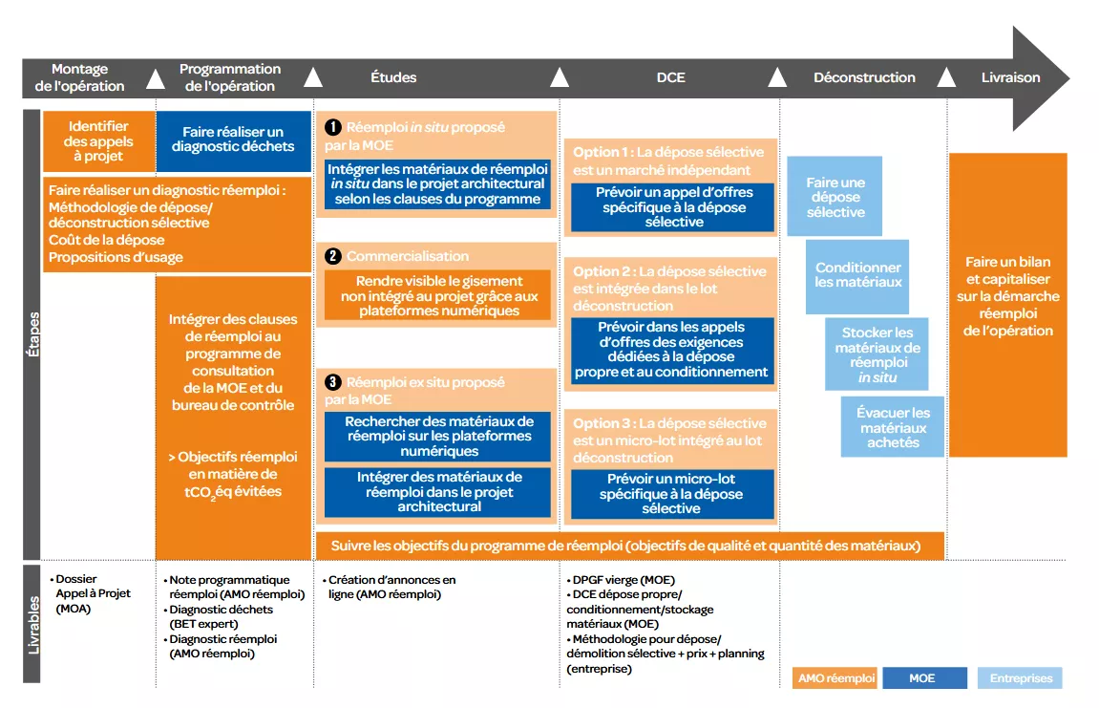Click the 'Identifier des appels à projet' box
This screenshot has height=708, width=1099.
click(98, 141)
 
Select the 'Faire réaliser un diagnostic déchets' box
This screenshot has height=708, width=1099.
click(233, 140)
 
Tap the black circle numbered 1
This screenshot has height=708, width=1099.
click(333, 127)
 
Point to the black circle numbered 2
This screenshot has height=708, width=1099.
click(333, 256)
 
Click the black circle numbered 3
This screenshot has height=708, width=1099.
click(333, 382)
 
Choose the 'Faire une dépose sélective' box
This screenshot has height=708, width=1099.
click(835, 197)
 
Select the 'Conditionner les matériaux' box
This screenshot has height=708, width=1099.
click(857, 275)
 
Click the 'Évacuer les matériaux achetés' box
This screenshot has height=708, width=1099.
click(893, 427)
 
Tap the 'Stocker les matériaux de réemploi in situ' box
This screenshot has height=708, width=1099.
click(877, 354)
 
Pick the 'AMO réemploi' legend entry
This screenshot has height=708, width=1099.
click(835, 678)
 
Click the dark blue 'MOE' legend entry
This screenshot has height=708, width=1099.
click(923, 678)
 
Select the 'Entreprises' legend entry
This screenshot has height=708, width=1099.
click(1020, 678)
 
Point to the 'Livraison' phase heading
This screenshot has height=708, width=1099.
click(1010, 77)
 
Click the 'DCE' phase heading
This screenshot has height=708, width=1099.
click(670, 77)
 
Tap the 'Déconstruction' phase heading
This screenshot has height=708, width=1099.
click(864, 77)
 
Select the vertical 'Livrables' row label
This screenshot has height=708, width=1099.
click(33, 625)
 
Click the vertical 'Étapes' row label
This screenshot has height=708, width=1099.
click(33, 334)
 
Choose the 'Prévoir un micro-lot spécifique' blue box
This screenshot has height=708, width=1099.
click(671, 494)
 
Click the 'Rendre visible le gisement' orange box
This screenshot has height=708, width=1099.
click(439, 296)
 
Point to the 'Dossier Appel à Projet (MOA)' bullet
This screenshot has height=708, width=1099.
click(93, 593)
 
